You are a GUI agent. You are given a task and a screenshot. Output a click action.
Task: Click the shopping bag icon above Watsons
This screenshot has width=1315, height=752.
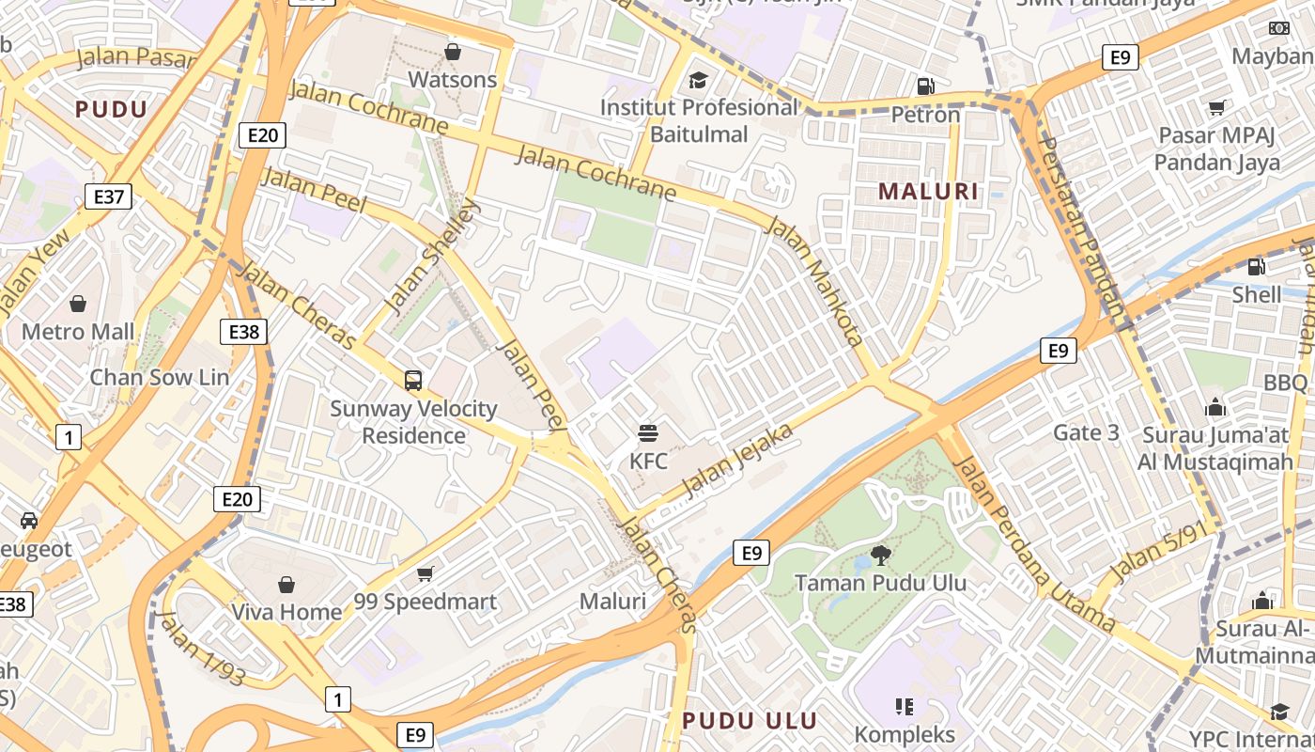pos(453,51)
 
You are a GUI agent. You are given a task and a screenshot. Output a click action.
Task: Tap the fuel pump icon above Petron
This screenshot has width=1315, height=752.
pos(925,86)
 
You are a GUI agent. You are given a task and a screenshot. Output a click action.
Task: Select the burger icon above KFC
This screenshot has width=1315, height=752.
pos(648,433)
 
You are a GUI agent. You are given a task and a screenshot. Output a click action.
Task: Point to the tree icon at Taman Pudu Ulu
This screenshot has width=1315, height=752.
pos(880,555)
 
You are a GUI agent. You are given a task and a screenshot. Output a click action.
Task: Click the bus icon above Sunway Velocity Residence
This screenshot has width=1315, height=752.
pos(413,381)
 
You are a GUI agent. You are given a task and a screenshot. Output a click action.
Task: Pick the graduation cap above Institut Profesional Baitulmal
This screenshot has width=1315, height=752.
pos(698,79)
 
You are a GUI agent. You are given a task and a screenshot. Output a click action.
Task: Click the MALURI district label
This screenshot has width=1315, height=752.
pos(928,192)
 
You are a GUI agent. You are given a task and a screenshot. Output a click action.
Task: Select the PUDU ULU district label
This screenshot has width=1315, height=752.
pos(750,721)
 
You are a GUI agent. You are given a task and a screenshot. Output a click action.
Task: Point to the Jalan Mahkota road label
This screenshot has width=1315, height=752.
pos(814,280)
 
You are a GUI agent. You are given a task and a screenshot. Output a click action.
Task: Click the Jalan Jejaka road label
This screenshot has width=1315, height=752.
pos(739,460)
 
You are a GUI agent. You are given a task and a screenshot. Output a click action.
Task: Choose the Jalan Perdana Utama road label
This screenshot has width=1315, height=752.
pos(1033,544)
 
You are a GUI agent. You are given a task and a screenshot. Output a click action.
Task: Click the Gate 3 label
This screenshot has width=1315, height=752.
pos(1086,432)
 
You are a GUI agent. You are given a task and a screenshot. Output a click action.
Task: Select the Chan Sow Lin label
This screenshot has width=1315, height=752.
pos(159,377)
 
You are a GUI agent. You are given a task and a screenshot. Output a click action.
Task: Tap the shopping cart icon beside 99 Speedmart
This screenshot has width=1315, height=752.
pos(425,573)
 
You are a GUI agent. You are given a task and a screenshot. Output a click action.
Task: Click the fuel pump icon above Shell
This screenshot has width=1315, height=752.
pos(1256,267)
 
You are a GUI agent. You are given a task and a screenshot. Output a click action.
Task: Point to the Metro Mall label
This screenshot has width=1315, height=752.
pos(78,332)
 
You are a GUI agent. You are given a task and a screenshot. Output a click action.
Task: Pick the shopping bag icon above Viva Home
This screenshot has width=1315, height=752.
pos(286,585)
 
